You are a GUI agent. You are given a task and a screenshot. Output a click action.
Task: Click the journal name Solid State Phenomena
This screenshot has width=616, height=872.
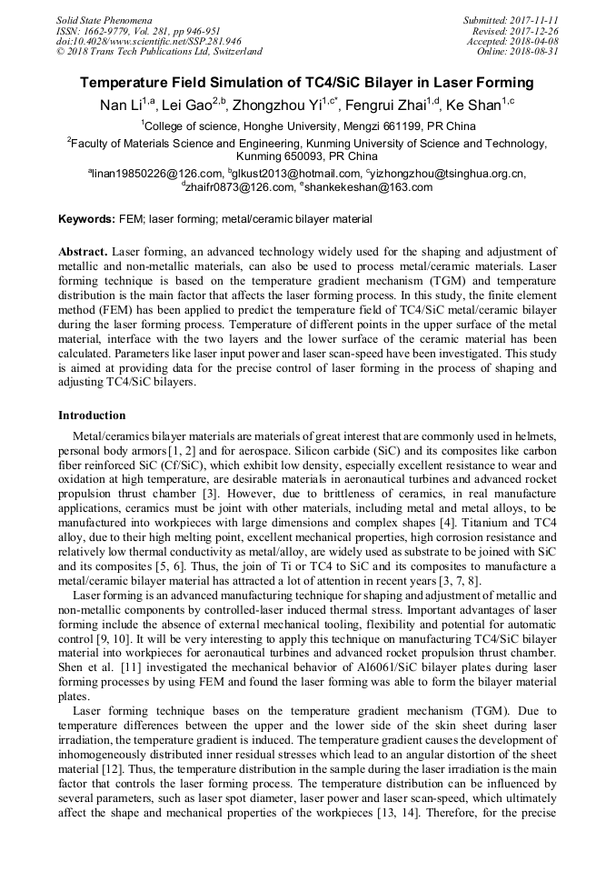pyautogui.click(x=104, y=19)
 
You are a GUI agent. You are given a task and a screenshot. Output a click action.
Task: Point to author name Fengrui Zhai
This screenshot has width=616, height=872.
pyautogui.click(x=388, y=105)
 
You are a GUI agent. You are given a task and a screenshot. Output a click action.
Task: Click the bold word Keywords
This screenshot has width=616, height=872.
pyautogui.click(x=86, y=219)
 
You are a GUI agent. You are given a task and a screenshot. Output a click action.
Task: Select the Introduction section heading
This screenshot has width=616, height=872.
pyautogui.click(x=91, y=415)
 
